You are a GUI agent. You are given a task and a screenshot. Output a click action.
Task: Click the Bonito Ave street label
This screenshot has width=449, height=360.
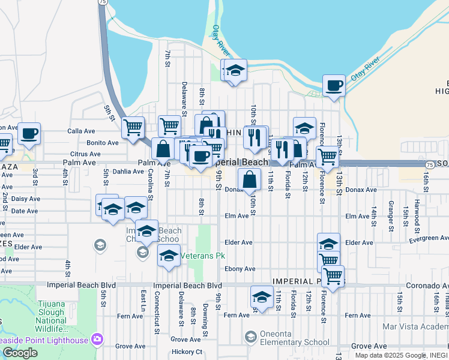(x=103, y=143)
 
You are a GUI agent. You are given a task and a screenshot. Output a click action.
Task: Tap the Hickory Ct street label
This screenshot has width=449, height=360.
(x=186, y=352)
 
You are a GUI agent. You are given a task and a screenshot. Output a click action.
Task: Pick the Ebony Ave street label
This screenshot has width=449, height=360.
(x=240, y=269)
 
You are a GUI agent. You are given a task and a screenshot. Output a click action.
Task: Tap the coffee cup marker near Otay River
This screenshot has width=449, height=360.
(x=334, y=85)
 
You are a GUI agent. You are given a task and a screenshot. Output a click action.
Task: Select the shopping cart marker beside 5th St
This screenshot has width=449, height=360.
(x=133, y=127)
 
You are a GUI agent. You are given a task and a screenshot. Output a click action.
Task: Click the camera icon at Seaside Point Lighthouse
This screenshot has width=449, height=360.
(x=97, y=340)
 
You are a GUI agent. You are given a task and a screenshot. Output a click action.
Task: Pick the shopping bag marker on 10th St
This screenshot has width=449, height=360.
(x=250, y=179)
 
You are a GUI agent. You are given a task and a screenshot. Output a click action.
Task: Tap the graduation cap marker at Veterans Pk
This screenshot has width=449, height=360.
(x=169, y=255)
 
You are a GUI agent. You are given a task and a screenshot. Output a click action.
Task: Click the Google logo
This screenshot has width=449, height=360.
(x=20, y=353)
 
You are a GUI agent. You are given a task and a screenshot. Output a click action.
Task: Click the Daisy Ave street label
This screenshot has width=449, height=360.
(x=26, y=199)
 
